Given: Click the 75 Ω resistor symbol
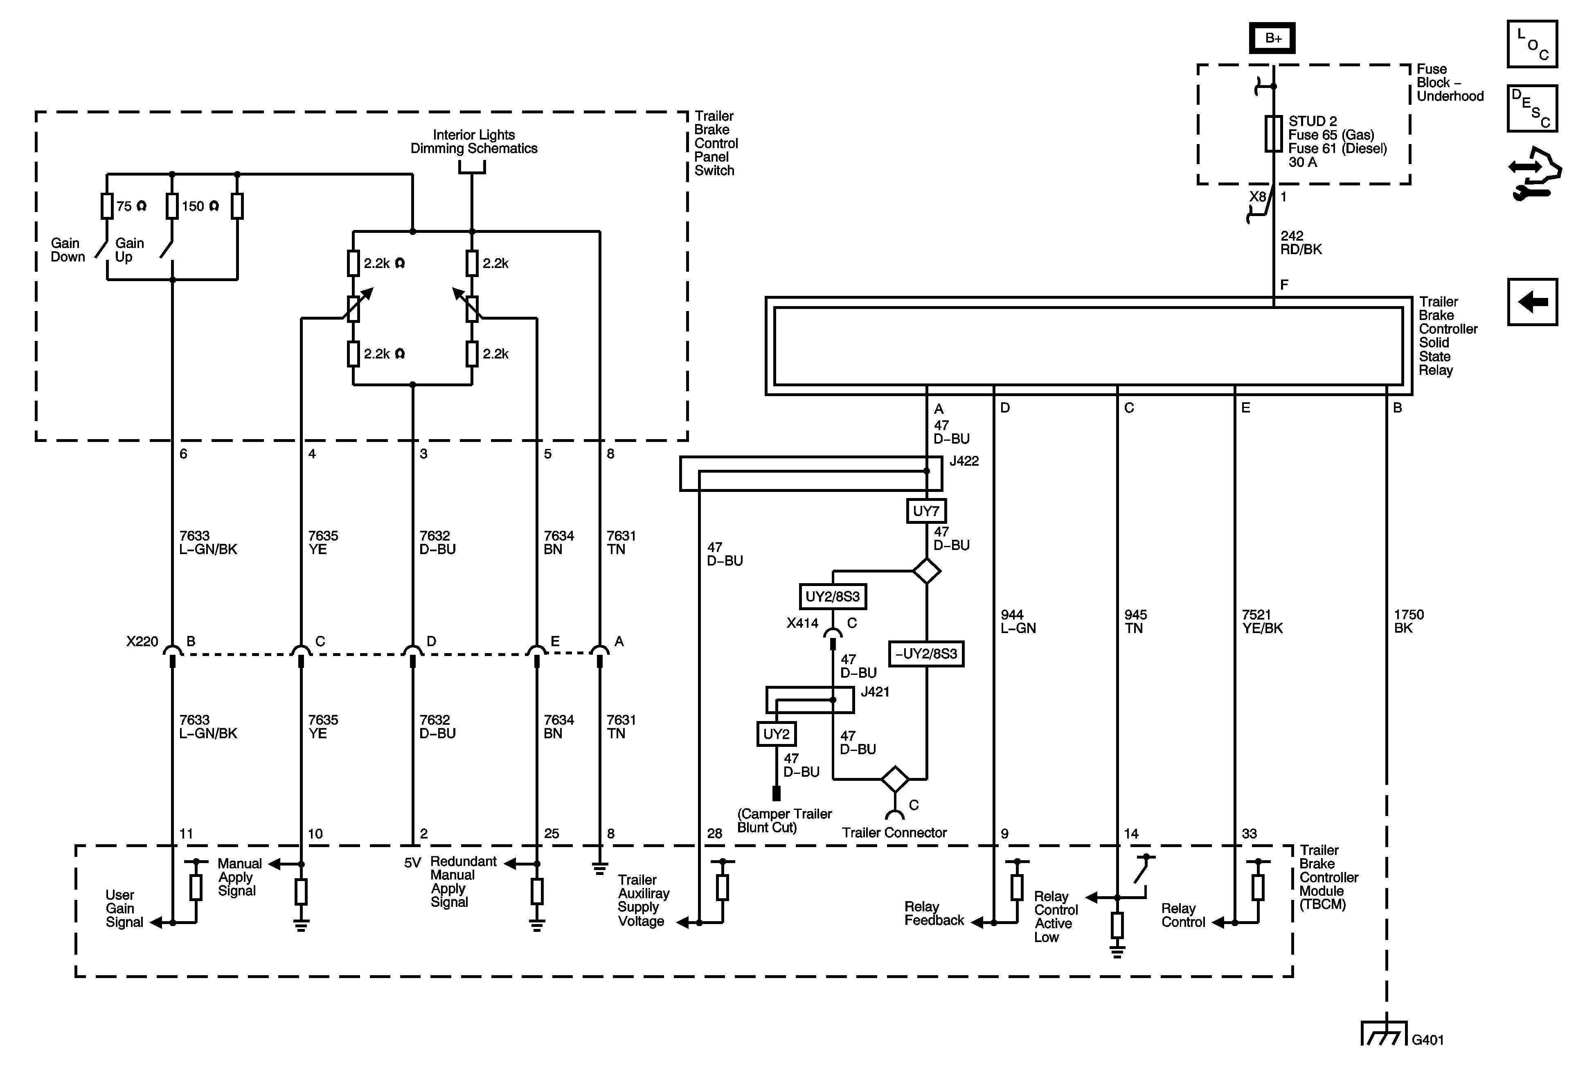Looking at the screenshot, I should [x=107, y=206].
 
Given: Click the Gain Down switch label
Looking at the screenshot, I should [x=68, y=250].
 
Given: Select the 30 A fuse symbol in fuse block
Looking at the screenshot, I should [x=1273, y=134].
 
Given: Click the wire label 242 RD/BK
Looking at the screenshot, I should [x=1301, y=243].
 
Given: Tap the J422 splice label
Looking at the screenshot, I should [x=964, y=461].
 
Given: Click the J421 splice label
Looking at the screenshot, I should [x=875, y=692].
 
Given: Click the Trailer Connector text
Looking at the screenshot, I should [x=894, y=833].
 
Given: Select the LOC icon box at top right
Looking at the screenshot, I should [x=1532, y=44].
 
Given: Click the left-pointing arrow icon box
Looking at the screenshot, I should [x=1532, y=302].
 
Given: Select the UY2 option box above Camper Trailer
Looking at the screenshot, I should [x=776, y=734].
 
